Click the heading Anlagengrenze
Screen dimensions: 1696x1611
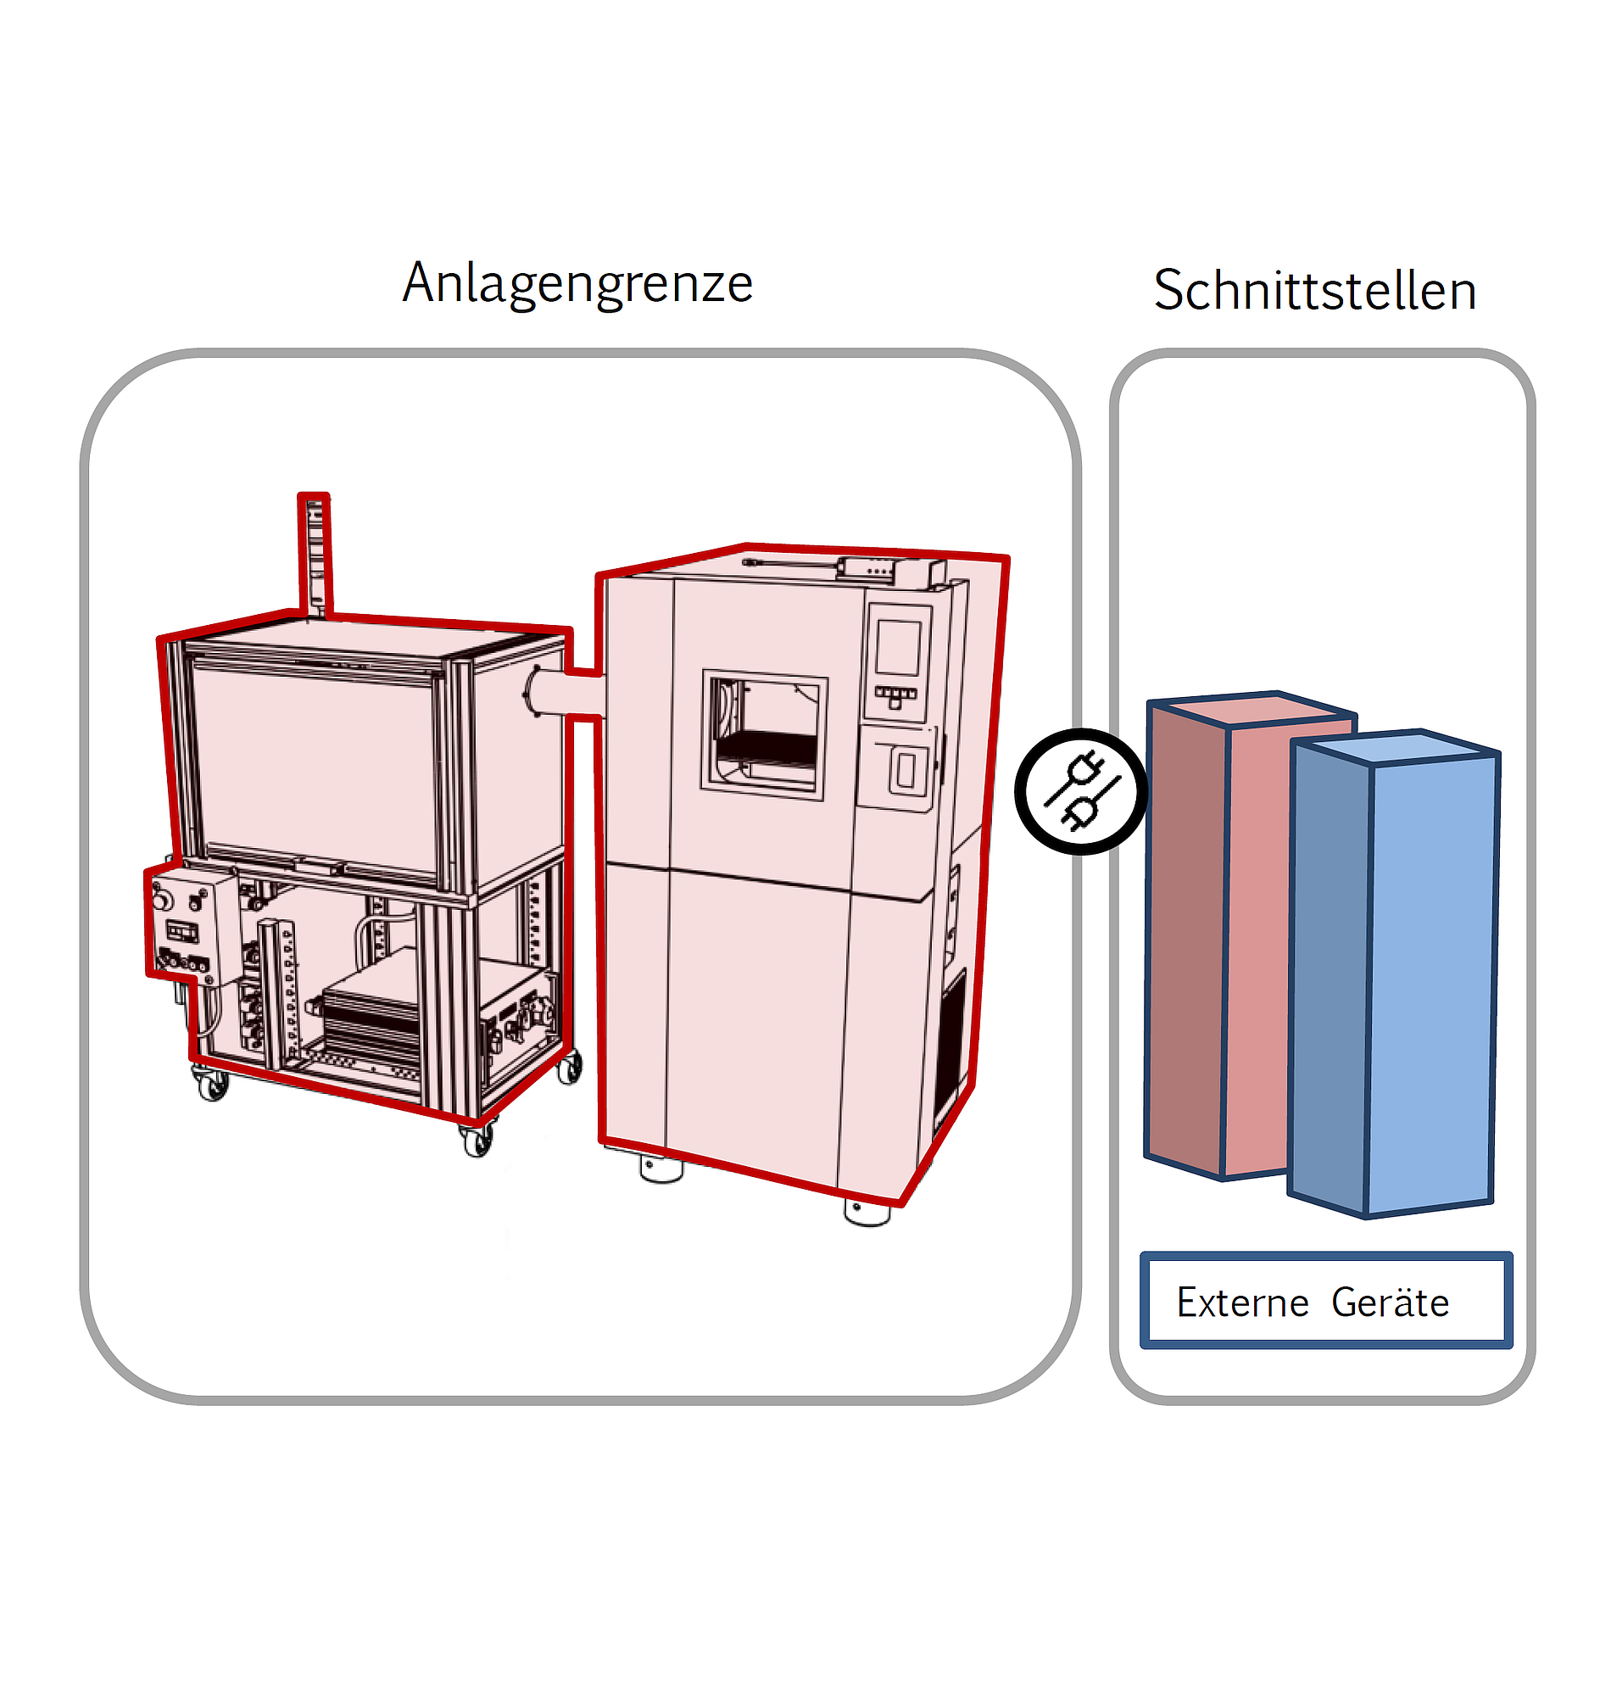pyautogui.click(x=577, y=283)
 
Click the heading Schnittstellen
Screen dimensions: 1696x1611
pyautogui.click(x=1314, y=290)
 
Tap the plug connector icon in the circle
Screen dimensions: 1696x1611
pyautogui.click(x=1081, y=791)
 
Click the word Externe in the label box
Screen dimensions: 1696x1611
pyautogui.click(x=1241, y=1303)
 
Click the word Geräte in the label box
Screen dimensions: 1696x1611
pyautogui.click(x=1390, y=1303)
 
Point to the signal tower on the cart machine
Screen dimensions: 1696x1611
pyautogui.click(x=315, y=554)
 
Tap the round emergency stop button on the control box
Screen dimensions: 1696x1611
pyautogui.click(x=161, y=901)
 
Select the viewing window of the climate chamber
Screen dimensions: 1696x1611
pyautogui.click(x=764, y=734)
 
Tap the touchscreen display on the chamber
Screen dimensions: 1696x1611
pyautogui.click(x=898, y=648)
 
